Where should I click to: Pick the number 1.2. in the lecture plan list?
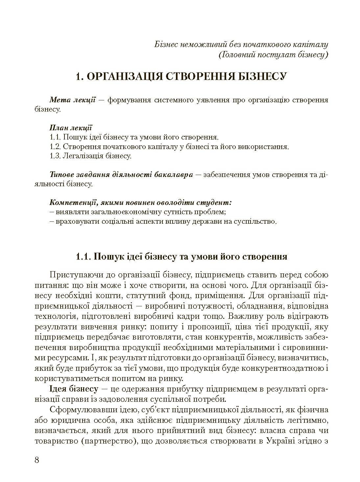55,147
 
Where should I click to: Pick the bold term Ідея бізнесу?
74,390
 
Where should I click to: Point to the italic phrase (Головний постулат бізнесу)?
273,55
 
